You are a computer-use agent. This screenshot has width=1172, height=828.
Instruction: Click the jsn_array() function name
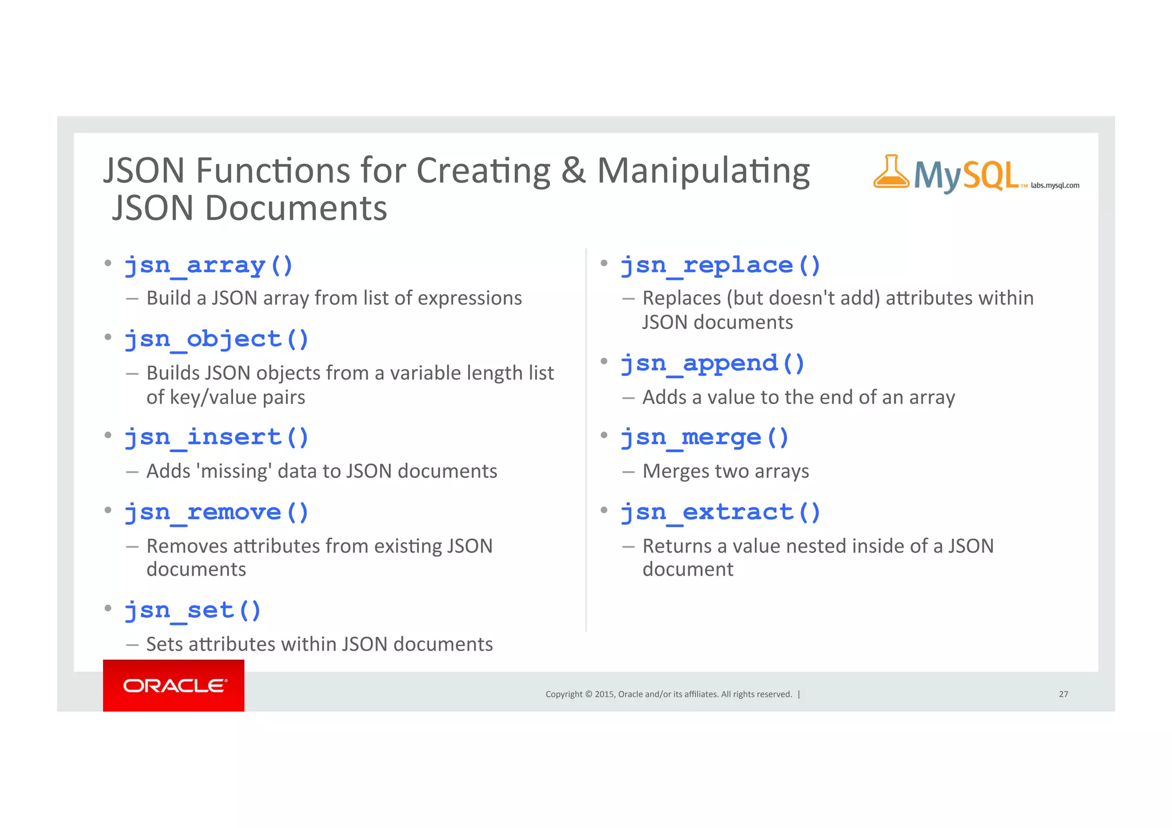pos(209,266)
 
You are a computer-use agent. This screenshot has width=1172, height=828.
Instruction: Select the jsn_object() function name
pos(216,339)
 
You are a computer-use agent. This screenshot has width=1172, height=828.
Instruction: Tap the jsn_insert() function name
pos(216,438)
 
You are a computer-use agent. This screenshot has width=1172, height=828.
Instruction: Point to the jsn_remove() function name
pos(216,512)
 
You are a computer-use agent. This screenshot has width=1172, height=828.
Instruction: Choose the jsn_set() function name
pos(193,611)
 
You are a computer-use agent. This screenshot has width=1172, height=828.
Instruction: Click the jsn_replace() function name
pos(720,266)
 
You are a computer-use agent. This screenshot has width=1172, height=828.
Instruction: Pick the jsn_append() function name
pos(712,363)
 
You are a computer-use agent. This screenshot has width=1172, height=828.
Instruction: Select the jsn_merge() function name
pos(704,438)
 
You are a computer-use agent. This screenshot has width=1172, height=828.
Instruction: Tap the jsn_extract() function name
pos(720,512)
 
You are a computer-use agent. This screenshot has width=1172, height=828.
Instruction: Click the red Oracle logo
pos(173,686)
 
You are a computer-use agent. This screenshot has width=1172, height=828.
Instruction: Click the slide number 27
pos(1063,694)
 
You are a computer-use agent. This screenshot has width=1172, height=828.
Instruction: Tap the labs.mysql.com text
pos(1055,185)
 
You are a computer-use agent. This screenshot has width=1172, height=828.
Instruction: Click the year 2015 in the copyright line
pos(604,694)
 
